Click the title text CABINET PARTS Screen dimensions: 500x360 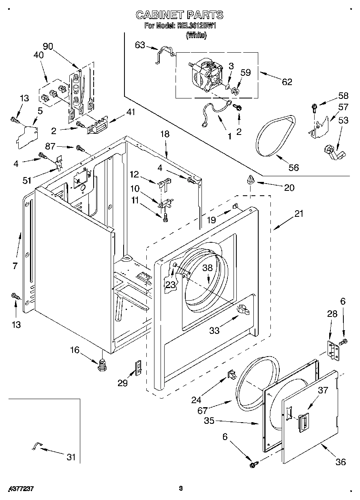point(179,15)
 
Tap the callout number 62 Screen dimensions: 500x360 point(287,81)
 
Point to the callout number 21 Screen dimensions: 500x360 point(298,214)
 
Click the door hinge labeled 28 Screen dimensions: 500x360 point(333,349)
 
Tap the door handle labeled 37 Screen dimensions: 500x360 point(302,423)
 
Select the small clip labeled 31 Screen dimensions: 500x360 point(36,446)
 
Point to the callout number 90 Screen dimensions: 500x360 point(48,46)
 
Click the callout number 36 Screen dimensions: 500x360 point(341,462)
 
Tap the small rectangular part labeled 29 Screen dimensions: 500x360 point(138,368)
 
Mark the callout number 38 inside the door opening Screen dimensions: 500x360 point(208,268)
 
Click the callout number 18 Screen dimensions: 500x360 point(164,134)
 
